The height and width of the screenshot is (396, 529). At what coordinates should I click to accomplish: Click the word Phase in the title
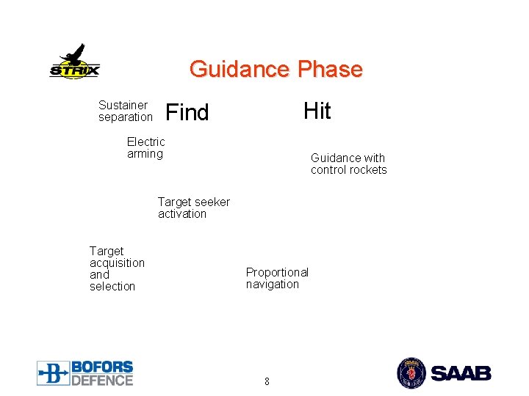[330, 70]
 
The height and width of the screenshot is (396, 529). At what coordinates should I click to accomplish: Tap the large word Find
[187, 113]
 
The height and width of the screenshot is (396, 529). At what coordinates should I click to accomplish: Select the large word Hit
[317, 111]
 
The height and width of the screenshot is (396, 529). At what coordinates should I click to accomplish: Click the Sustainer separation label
[125, 111]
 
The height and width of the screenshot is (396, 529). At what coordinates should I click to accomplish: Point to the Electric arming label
[146, 147]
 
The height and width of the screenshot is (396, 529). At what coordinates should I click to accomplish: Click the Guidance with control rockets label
[348, 164]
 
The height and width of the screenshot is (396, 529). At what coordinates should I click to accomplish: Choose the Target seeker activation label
[193, 208]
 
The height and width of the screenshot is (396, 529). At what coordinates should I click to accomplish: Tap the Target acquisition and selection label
[117, 268]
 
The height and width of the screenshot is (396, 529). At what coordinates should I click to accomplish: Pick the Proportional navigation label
[277, 278]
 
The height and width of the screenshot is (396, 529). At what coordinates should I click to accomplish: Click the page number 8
[267, 381]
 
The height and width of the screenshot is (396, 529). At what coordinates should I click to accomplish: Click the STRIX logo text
[74, 71]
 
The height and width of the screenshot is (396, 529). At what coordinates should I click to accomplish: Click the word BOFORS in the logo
[102, 367]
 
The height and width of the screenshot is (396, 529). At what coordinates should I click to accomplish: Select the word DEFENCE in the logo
[102, 379]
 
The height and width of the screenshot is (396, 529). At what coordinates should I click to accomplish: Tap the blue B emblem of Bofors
[53, 373]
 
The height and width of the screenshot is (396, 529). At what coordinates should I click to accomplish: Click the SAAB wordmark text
[461, 373]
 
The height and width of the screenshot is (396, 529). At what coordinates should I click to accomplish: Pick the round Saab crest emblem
[411, 373]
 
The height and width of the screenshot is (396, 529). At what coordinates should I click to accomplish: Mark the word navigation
[273, 285]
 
